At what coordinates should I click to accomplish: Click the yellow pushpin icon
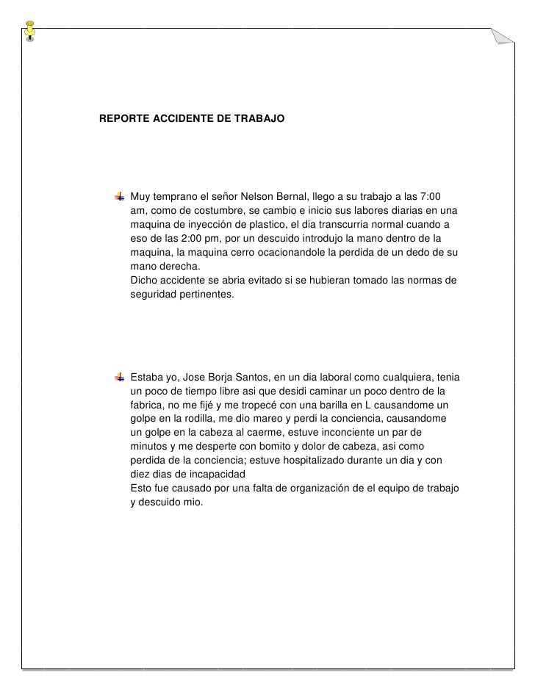[29, 28]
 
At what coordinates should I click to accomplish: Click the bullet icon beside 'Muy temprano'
[119, 197]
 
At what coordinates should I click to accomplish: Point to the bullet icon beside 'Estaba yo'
[119, 377]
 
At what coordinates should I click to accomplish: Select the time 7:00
[427, 197]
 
